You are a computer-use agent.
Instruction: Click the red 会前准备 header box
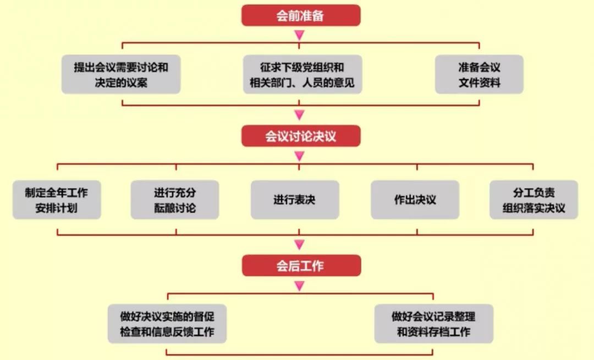click(x=300, y=15)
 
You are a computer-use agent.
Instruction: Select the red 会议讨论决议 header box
click(x=300, y=136)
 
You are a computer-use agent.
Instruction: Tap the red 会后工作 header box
click(x=300, y=265)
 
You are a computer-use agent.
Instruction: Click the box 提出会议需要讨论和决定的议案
click(x=121, y=75)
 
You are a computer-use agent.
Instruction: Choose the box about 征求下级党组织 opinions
click(x=302, y=75)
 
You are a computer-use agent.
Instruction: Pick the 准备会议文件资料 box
click(x=479, y=75)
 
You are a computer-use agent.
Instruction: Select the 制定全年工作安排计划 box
click(x=57, y=200)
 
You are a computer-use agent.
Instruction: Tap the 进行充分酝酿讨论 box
click(x=175, y=200)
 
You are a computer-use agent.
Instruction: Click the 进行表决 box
click(x=295, y=200)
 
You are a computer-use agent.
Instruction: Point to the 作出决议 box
click(x=415, y=200)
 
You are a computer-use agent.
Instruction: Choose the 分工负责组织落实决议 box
click(x=533, y=200)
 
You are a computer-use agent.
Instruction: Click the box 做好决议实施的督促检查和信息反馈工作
click(x=167, y=324)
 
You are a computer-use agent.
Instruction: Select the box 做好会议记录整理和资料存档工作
click(x=433, y=324)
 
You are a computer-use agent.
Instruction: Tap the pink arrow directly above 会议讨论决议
click(x=299, y=115)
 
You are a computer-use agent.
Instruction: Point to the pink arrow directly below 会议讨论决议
click(x=299, y=156)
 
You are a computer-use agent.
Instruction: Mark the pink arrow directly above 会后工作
click(x=299, y=245)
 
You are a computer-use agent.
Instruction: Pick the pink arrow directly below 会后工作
click(x=299, y=286)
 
